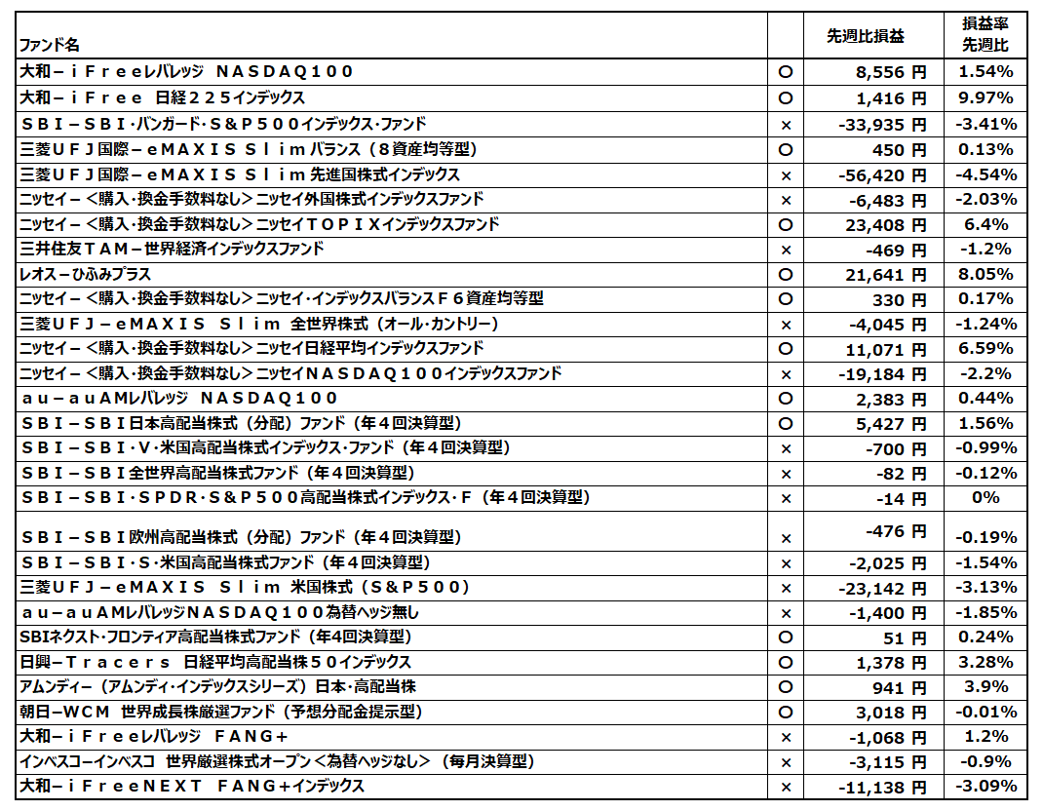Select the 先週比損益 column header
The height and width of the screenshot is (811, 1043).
tap(865, 36)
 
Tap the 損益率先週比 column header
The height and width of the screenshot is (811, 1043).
tap(985, 36)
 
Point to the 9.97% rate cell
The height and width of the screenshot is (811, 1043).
tap(985, 97)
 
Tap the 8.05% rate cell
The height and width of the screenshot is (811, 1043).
tap(985, 274)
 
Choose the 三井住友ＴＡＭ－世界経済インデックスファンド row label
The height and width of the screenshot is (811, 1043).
tap(172, 249)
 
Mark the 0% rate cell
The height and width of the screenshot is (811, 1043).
tap(985, 497)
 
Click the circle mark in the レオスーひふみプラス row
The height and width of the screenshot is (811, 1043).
tap(785, 274)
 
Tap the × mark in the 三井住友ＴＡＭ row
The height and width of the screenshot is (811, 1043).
tap(785, 250)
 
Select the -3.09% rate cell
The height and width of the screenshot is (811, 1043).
tap(985, 785)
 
